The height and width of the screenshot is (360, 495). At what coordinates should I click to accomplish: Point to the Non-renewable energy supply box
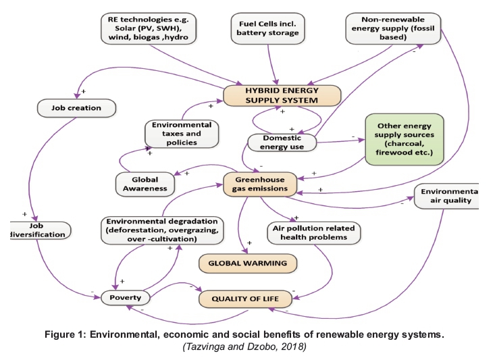(x=392, y=28)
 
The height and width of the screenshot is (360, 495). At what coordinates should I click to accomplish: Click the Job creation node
(x=77, y=107)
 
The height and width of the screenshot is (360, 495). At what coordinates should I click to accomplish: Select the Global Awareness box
(x=145, y=182)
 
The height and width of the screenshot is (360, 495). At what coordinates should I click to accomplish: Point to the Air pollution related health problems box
(x=313, y=232)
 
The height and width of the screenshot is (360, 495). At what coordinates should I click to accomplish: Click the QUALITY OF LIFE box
(x=242, y=297)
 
